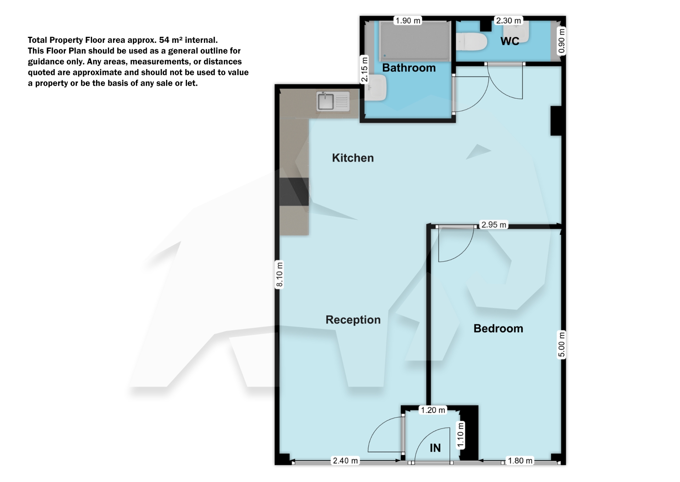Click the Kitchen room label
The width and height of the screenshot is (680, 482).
(x=353, y=158)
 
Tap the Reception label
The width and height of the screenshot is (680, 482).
(x=353, y=320)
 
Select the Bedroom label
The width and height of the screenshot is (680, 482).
(x=498, y=329)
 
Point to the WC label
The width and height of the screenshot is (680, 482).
(x=510, y=41)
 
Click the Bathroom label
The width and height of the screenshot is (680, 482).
(x=409, y=68)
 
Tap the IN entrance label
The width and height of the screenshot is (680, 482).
(x=435, y=448)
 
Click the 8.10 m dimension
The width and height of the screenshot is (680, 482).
(x=279, y=275)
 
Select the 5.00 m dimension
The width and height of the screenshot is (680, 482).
(x=561, y=344)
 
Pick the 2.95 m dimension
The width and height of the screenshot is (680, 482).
(x=494, y=225)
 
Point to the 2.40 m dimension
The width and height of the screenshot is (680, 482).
(x=345, y=461)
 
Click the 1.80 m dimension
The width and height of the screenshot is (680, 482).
(x=520, y=461)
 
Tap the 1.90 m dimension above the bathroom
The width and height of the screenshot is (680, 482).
(x=408, y=21)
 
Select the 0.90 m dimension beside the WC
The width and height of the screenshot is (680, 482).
(x=561, y=41)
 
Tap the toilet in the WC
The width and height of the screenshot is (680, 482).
(x=471, y=41)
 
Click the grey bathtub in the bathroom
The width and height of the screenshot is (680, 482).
(x=415, y=41)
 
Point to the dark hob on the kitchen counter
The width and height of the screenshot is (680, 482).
(x=294, y=192)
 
